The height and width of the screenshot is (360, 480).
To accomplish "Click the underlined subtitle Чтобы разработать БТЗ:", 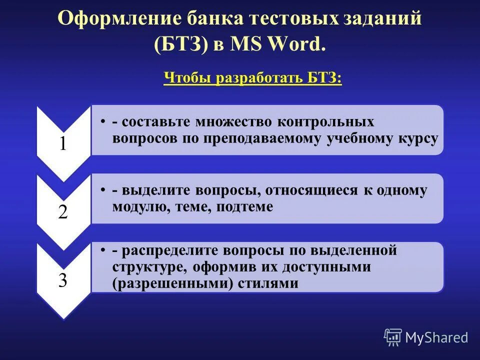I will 252,78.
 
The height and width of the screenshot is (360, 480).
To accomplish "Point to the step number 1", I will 63,144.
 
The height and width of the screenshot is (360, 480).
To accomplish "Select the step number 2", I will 63,212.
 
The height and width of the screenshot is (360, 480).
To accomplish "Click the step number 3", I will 63,280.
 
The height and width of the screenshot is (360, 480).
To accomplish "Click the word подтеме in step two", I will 245,206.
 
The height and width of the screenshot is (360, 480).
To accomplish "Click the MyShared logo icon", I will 393,337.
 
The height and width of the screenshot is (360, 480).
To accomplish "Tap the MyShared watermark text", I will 436,337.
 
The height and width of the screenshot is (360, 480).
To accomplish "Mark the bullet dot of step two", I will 101,190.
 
